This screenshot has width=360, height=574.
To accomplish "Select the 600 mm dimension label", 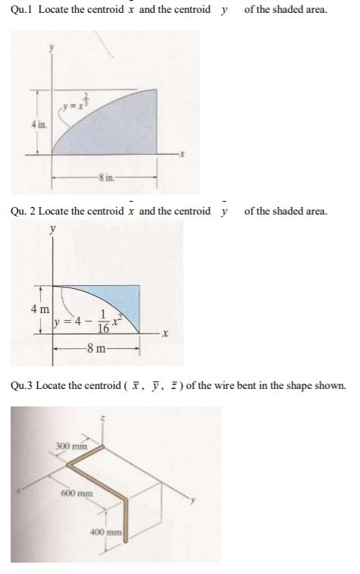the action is click(x=73, y=494).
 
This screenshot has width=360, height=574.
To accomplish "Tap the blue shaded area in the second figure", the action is click(x=125, y=300).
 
